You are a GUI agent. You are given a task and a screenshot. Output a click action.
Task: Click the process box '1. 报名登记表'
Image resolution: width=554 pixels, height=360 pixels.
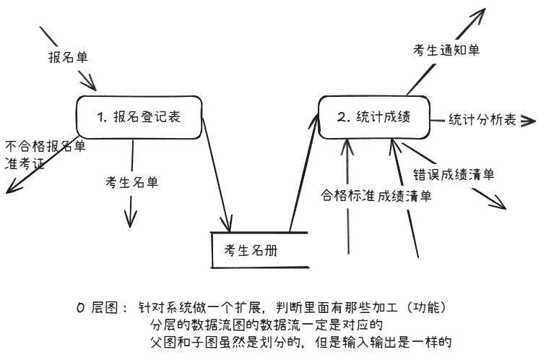click(x=137, y=116)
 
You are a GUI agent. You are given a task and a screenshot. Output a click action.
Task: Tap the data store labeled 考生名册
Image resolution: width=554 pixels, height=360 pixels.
click(x=249, y=250)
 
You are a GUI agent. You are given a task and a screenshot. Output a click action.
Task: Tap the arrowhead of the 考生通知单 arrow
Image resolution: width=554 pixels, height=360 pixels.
click(x=481, y=13)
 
